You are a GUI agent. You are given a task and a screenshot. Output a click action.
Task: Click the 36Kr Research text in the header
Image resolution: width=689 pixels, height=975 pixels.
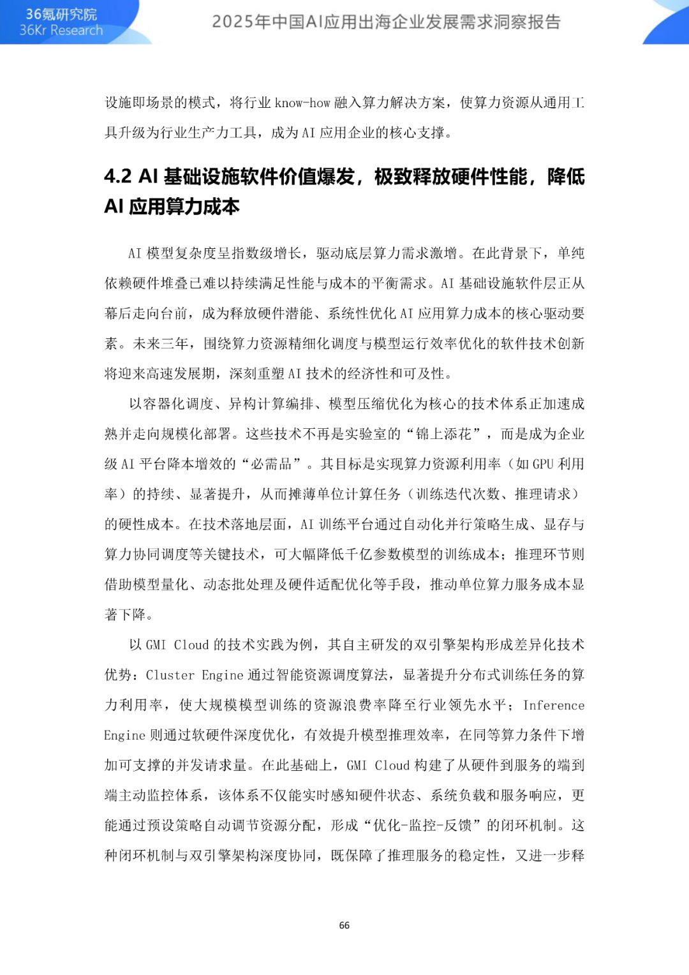click(61, 31)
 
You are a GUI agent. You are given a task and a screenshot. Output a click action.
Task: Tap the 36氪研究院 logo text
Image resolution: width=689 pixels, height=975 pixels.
click(61, 14)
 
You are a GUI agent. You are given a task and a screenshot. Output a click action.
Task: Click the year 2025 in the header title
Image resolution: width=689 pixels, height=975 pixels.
click(233, 22)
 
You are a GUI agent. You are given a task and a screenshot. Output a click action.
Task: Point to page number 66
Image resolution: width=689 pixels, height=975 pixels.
click(344, 925)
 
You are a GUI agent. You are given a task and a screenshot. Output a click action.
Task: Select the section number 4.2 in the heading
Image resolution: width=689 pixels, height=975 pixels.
click(118, 177)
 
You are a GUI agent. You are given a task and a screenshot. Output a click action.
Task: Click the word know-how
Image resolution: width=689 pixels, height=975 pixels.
click(302, 103)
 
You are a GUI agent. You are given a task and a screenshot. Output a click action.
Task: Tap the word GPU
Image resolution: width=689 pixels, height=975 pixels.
click(543, 464)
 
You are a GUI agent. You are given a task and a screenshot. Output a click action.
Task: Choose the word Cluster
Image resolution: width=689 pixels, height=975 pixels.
click(170, 675)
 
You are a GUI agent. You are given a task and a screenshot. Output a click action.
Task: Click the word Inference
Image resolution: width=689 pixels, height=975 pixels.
click(554, 705)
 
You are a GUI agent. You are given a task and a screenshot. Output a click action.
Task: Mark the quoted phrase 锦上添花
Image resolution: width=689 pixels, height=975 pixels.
click(443, 434)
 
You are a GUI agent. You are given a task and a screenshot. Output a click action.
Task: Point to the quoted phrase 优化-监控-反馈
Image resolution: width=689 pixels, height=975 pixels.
click(422, 825)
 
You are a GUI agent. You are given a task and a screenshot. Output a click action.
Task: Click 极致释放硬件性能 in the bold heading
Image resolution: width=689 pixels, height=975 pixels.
click(450, 177)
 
